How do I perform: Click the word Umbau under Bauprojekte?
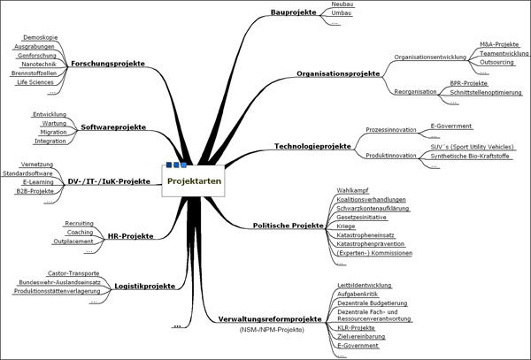(339, 15)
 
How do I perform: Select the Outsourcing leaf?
(496, 63)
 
